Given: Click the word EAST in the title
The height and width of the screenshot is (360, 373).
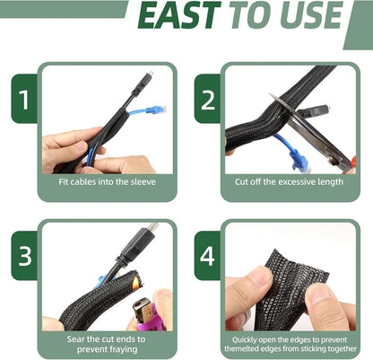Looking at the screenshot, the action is [x=179, y=15].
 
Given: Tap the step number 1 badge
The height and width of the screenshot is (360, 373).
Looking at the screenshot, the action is [x=24, y=99].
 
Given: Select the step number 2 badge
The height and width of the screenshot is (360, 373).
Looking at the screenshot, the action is [x=208, y=99].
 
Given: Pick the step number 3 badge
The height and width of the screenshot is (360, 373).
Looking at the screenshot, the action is [x=24, y=256].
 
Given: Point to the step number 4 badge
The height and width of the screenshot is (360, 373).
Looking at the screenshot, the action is [x=208, y=256].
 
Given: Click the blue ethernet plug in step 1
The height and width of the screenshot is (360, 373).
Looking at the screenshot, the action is [x=156, y=110].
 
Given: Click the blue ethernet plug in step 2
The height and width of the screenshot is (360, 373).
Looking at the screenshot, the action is [x=299, y=161].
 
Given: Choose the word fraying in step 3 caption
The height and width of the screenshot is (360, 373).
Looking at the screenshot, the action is [x=123, y=349].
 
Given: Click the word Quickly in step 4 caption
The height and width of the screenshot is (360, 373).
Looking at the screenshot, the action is [x=245, y=340].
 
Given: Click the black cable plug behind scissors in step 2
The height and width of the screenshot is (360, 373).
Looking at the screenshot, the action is [x=314, y=111].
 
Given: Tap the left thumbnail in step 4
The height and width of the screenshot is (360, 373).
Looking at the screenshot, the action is [x=261, y=277].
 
